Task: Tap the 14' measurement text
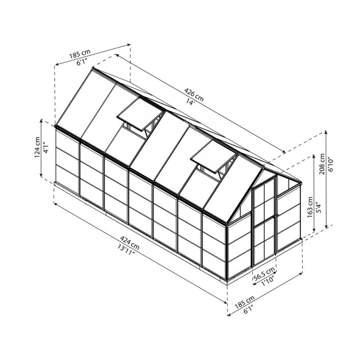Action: pos(191,102)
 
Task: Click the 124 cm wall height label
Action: pos(37,148)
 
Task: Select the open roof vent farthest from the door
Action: pos(139,116)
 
